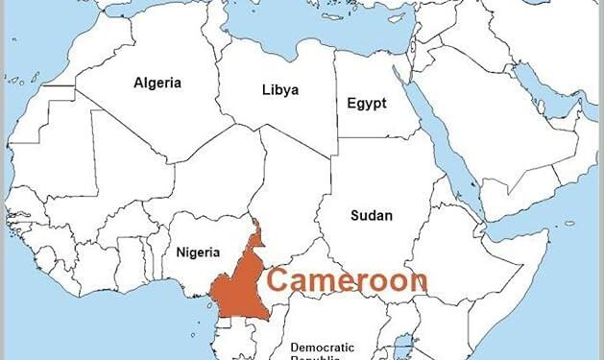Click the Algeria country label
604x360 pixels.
tap(157, 84)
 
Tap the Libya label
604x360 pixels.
tap(279, 90)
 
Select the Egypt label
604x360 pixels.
tap(367, 102)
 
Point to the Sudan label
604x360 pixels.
tap(371, 215)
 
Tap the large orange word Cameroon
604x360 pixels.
tap(347, 280)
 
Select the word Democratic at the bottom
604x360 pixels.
tap(322, 348)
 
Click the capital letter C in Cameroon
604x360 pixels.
tap(280, 280)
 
